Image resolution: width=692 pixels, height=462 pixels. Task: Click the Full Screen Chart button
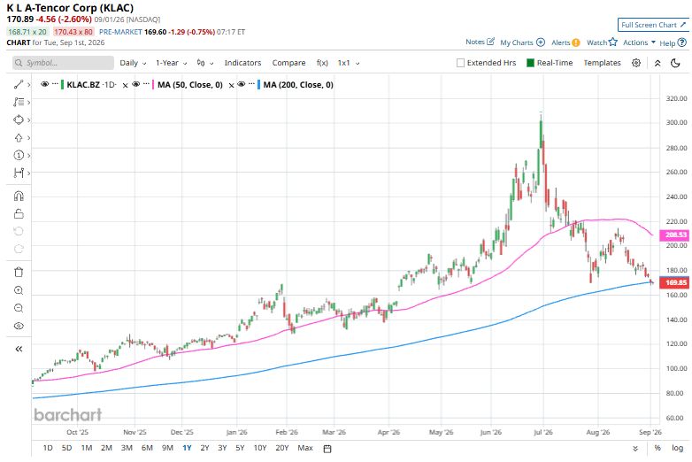pyautogui.click(x=653, y=25)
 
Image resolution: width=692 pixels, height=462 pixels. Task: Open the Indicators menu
pyautogui.click(x=242, y=63)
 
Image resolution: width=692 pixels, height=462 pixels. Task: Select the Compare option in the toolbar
pyautogui.click(x=288, y=63)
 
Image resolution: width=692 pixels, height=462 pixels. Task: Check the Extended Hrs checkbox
pyautogui.click(x=460, y=63)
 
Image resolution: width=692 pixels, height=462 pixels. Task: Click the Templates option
pyautogui.click(x=602, y=63)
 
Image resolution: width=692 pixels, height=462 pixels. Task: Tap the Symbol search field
pyautogui.click(x=63, y=63)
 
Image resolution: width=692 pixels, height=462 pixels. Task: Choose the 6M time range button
pyautogui.click(x=147, y=448)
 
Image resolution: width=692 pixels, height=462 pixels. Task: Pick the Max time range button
pyautogui.click(x=305, y=448)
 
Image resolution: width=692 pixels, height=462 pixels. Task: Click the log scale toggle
pyautogui.click(x=678, y=448)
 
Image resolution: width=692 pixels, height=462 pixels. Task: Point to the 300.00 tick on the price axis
pyautogui.click(x=676, y=122)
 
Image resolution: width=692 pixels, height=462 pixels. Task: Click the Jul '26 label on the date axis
pyautogui.click(x=542, y=432)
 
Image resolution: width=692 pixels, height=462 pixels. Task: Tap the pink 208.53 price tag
pyautogui.click(x=674, y=235)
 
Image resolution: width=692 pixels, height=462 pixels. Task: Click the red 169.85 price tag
pyautogui.click(x=674, y=282)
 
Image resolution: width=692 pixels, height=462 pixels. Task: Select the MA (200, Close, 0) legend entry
pyautogui.click(x=298, y=85)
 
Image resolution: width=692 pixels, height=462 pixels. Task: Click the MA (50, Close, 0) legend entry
pyautogui.click(x=189, y=85)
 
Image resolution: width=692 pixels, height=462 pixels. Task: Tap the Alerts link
pyautogui.click(x=565, y=42)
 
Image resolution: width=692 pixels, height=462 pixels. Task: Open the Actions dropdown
pyautogui.click(x=639, y=42)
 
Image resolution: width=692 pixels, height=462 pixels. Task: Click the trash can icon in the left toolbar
pyautogui.click(x=19, y=273)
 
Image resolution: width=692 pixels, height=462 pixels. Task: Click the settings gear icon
pyautogui.click(x=636, y=63)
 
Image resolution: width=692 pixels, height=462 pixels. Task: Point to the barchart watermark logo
pyautogui.click(x=67, y=415)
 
